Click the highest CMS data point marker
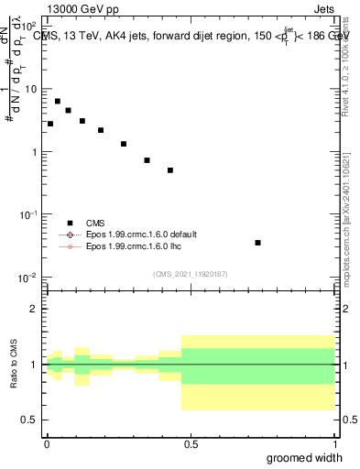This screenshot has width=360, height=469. tap(58, 102)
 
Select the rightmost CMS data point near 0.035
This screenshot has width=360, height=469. tap(258, 243)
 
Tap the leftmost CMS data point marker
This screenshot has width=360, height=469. tap(50, 124)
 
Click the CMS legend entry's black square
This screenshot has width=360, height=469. tap(69, 223)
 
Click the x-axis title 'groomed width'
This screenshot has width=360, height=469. tap(305, 457)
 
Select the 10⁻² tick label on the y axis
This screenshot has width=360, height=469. tap(28, 278)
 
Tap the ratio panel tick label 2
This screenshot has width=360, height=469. tap(34, 309)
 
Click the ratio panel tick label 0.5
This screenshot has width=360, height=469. tap(30, 420)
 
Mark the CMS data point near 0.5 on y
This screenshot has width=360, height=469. tap(170, 170)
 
